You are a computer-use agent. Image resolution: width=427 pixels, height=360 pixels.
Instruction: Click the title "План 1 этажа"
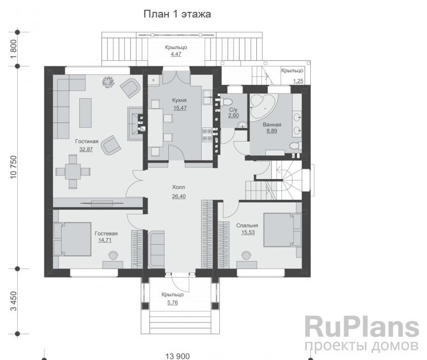(177, 14)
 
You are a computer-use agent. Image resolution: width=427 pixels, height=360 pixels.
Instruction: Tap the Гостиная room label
(86, 142)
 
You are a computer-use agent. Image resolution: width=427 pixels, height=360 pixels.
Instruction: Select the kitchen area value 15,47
(180, 108)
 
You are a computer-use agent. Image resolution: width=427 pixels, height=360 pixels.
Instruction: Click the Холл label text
(178, 187)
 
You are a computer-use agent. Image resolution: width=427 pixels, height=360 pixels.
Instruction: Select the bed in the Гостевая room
(72, 239)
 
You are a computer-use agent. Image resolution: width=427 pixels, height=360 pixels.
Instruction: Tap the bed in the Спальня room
(282, 230)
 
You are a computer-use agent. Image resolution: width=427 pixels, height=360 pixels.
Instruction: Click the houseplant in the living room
(108, 81)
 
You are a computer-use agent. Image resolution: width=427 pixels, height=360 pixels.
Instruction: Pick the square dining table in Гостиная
(73, 172)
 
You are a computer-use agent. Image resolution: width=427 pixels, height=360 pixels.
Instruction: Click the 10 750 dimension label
(14, 167)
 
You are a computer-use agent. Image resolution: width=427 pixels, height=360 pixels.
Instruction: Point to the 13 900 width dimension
(177, 356)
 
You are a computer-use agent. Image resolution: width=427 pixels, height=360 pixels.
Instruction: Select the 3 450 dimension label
(14, 301)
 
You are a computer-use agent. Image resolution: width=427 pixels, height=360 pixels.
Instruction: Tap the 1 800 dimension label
(14, 49)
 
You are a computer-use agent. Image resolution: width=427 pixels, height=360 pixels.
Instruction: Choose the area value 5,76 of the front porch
(173, 302)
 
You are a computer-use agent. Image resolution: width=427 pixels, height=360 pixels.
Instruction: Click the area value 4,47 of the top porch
(176, 54)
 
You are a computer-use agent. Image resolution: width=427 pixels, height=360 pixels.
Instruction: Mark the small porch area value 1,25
(299, 81)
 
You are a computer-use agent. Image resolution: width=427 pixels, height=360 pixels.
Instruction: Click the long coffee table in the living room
(85, 113)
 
